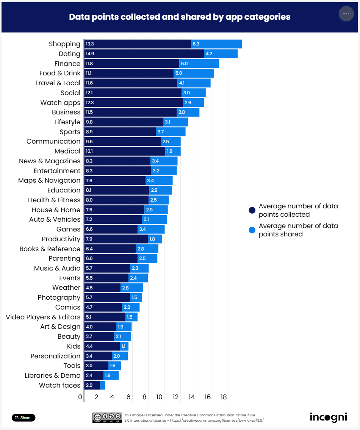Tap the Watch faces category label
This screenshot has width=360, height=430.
click(x=60, y=385)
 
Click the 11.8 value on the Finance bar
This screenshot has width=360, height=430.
click(x=89, y=64)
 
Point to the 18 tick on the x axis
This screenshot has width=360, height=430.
click(x=223, y=397)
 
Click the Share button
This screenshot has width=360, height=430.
click(x=23, y=417)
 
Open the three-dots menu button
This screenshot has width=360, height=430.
click(x=346, y=14)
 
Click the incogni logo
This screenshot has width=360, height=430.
click(x=328, y=417)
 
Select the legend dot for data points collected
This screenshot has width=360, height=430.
click(x=252, y=211)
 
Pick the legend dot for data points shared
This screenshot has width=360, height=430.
click(x=252, y=230)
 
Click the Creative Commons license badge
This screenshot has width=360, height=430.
click(x=107, y=417)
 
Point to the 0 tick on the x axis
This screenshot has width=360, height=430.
click(x=80, y=397)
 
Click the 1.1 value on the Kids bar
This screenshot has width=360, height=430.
click(x=123, y=346)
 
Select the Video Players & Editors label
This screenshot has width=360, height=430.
click(x=43, y=317)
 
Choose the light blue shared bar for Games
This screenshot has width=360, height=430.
click(x=151, y=229)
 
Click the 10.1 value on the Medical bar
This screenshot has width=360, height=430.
click(x=90, y=151)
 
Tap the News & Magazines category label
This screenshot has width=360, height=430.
click(x=50, y=161)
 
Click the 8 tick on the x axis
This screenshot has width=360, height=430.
click(x=145, y=397)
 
